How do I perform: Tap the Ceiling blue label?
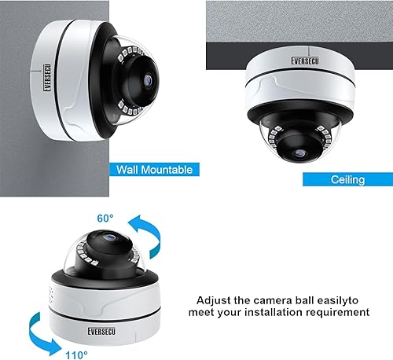coord(346,179)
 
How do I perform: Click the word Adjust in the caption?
coord(213,299)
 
